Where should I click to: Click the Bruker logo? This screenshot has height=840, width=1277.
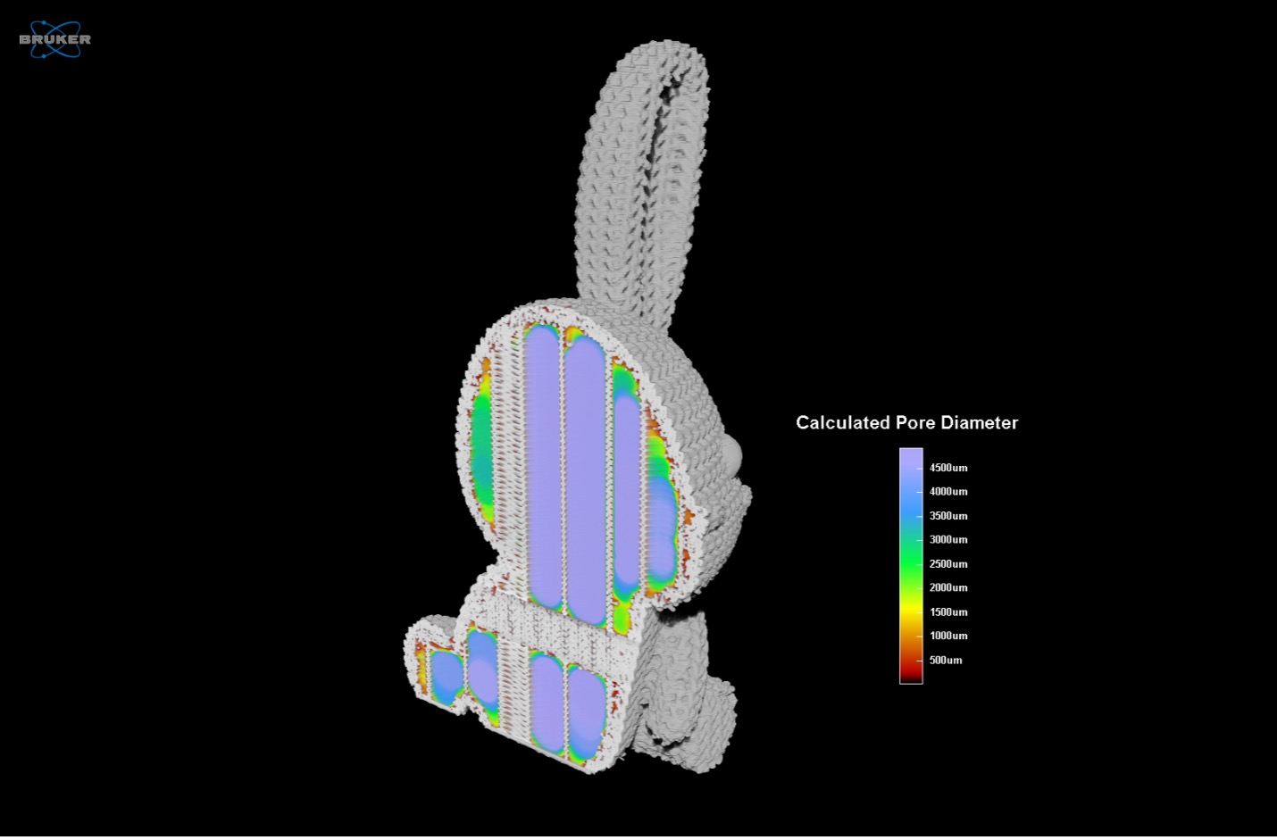[x=54, y=38]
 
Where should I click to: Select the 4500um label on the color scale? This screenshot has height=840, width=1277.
[x=948, y=468]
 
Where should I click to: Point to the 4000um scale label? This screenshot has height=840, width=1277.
[x=948, y=491]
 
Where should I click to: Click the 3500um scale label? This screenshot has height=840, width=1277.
[x=948, y=516]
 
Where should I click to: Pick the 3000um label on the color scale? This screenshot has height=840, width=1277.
[x=948, y=539]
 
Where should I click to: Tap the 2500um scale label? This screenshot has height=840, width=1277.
[x=948, y=563]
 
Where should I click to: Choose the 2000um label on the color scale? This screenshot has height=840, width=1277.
[x=948, y=587]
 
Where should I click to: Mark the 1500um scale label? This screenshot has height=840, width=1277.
[x=948, y=611]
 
